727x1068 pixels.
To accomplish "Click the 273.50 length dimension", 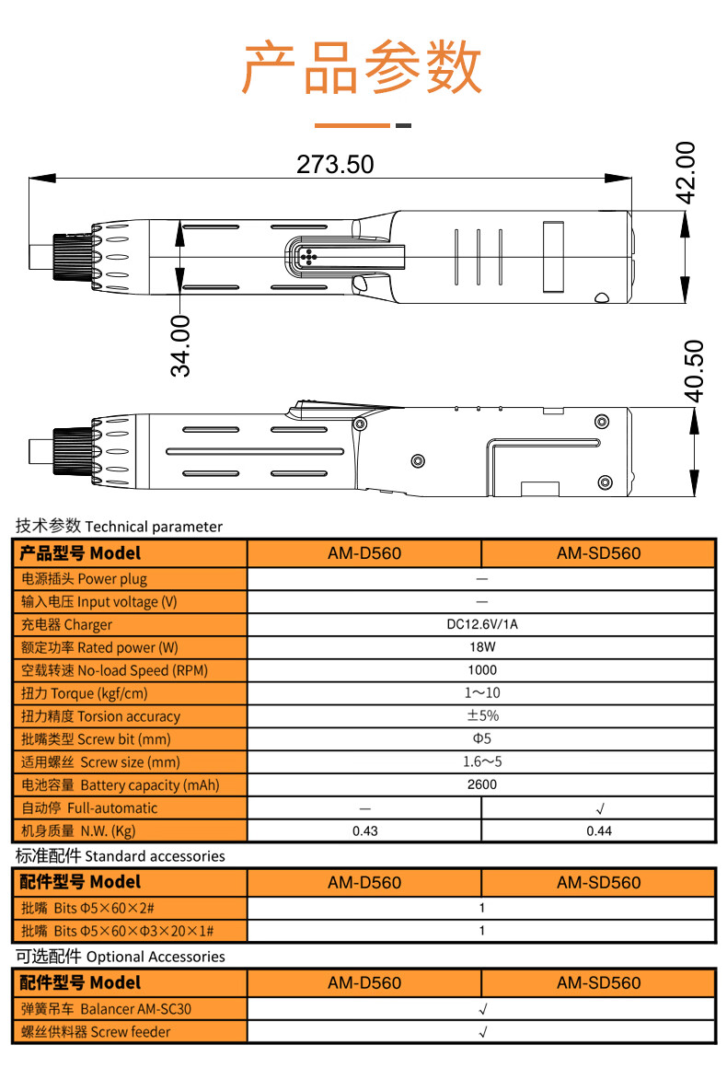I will [x=335, y=164].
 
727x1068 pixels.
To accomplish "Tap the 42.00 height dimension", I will [x=686, y=172].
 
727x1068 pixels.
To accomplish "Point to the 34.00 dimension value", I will [x=180, y=345].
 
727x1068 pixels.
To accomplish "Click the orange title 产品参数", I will [x=363, y=67].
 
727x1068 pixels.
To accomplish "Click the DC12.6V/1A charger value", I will [x=481, y=624].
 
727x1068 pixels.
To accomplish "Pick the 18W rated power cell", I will [x=481, y=647].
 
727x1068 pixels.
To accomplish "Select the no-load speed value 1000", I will [x=481, y=670].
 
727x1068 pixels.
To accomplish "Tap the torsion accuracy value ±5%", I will [x=481, y=716].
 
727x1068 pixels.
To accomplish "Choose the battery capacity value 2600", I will [x=481, y=785].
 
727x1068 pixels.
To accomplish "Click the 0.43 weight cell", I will [x=365, y=831].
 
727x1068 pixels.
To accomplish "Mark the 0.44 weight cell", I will [x=599, y=831].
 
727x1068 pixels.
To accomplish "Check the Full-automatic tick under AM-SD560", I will [x=599, y=808].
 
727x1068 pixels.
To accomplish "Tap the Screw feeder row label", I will [x=96, y=1032].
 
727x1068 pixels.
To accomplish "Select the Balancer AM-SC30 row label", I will [x=107, y=1009].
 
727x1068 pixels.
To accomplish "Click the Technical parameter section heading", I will [x=119, y=527].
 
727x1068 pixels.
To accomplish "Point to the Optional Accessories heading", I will [x=120, y=957].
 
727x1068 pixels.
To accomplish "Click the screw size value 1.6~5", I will [x=481, y=762].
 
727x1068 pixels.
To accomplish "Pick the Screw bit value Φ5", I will [x=481, y=739].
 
